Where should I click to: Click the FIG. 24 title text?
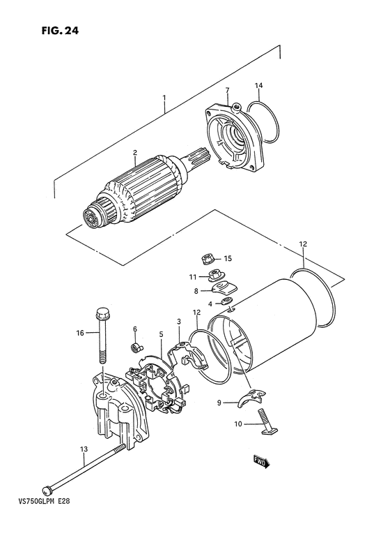(x=60, y=31)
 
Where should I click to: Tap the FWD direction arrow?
(x=262, y=461)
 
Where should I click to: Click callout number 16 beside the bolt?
(x=80, y=333)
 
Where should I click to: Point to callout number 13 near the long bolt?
(x=84, y=449)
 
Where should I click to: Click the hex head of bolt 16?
(x=102, y=313)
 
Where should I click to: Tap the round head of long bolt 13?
(x=47, y=490)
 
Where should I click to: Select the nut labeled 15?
(x=208, y=260)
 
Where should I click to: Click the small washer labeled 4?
(x=226, y=301)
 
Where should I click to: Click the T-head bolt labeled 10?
(x=269, y=421)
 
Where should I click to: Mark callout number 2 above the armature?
(x=134, y=153)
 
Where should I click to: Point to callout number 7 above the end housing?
(x=228, y=91)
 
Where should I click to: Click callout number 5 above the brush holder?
(x=161, y=334)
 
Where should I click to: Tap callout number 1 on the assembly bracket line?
(x=164, y=97)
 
